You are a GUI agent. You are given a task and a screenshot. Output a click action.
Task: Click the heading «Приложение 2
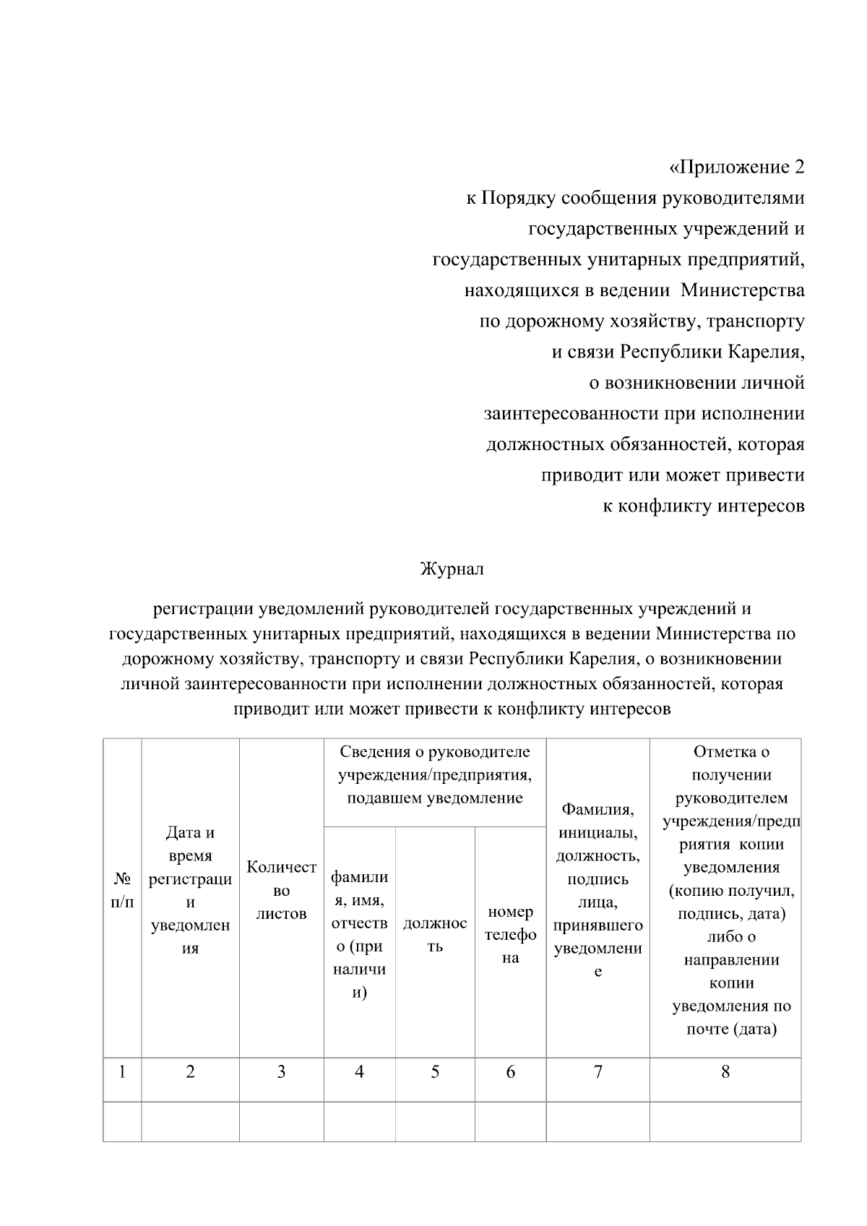(736, 168)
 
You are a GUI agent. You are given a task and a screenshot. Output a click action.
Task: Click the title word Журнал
(452, 569)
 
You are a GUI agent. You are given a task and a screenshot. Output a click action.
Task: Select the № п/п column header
(122, 890)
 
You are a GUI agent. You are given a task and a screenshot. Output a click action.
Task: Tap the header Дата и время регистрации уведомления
(190, 890)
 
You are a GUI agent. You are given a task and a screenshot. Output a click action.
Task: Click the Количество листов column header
(281, 890)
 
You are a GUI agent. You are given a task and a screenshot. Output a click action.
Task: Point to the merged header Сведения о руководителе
(434, 774)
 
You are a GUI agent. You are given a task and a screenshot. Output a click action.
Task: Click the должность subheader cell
(434, 934)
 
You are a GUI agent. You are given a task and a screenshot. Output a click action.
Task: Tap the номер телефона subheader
(510, 934)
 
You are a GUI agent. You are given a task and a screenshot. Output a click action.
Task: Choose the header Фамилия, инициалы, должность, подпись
(598, 890)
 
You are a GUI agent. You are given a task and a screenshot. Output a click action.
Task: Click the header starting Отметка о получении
(725, 890)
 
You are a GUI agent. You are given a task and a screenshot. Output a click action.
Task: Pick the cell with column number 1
(122, 1072)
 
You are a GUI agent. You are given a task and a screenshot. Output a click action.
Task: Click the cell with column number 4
(359, 1072)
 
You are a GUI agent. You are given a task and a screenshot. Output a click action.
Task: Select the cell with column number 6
(510, 1072)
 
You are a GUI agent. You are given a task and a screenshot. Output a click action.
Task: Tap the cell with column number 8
(725, 1072)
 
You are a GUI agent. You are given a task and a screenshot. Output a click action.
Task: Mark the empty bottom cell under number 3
(281, 1121)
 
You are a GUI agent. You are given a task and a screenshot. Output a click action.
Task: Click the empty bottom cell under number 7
(598, 1121)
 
